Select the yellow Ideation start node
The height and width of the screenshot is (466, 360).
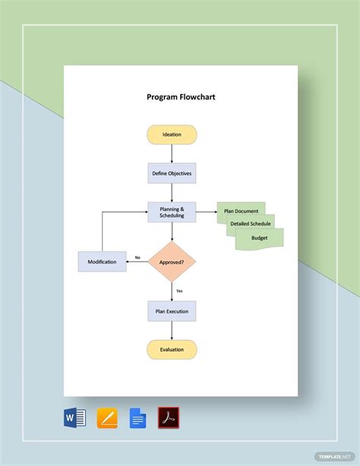[x=172, y=134]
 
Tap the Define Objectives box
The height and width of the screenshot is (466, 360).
[x=172, y=173]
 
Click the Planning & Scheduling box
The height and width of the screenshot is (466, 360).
[x=172, y=212]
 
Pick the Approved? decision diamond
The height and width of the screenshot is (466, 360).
[x=172, y=262]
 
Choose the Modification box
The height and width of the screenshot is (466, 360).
[x=102, y=262]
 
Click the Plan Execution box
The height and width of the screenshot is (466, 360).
[x=172, y=311]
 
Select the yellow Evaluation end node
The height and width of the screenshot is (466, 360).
[x=172, y=349]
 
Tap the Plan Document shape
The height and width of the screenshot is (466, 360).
[x=240, y=211]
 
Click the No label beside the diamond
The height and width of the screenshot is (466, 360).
[x=137, y=257]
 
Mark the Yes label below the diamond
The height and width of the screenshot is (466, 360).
[x=179, y=291]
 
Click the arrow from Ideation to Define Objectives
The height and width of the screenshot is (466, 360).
[x=172, y=153]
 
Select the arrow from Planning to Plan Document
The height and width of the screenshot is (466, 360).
[x=206, y=212]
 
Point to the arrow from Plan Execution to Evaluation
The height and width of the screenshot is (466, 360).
[x=172, y=330]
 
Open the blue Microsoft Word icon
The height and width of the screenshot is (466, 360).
[x=75, y=417]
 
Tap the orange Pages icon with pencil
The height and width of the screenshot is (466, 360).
[x=107, y=418]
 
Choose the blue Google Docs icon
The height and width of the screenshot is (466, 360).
[x=137, y=418]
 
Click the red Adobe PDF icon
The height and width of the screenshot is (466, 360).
[x=168, y=418]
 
